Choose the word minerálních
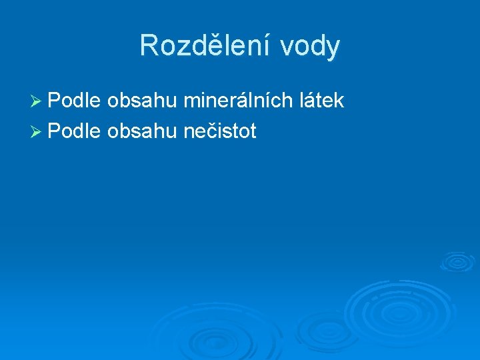(235, 101)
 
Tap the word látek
(319, 101)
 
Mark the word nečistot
(219, 131)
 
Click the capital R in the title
(149, 46)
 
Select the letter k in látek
(339, 101)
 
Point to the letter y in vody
(333, 49)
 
